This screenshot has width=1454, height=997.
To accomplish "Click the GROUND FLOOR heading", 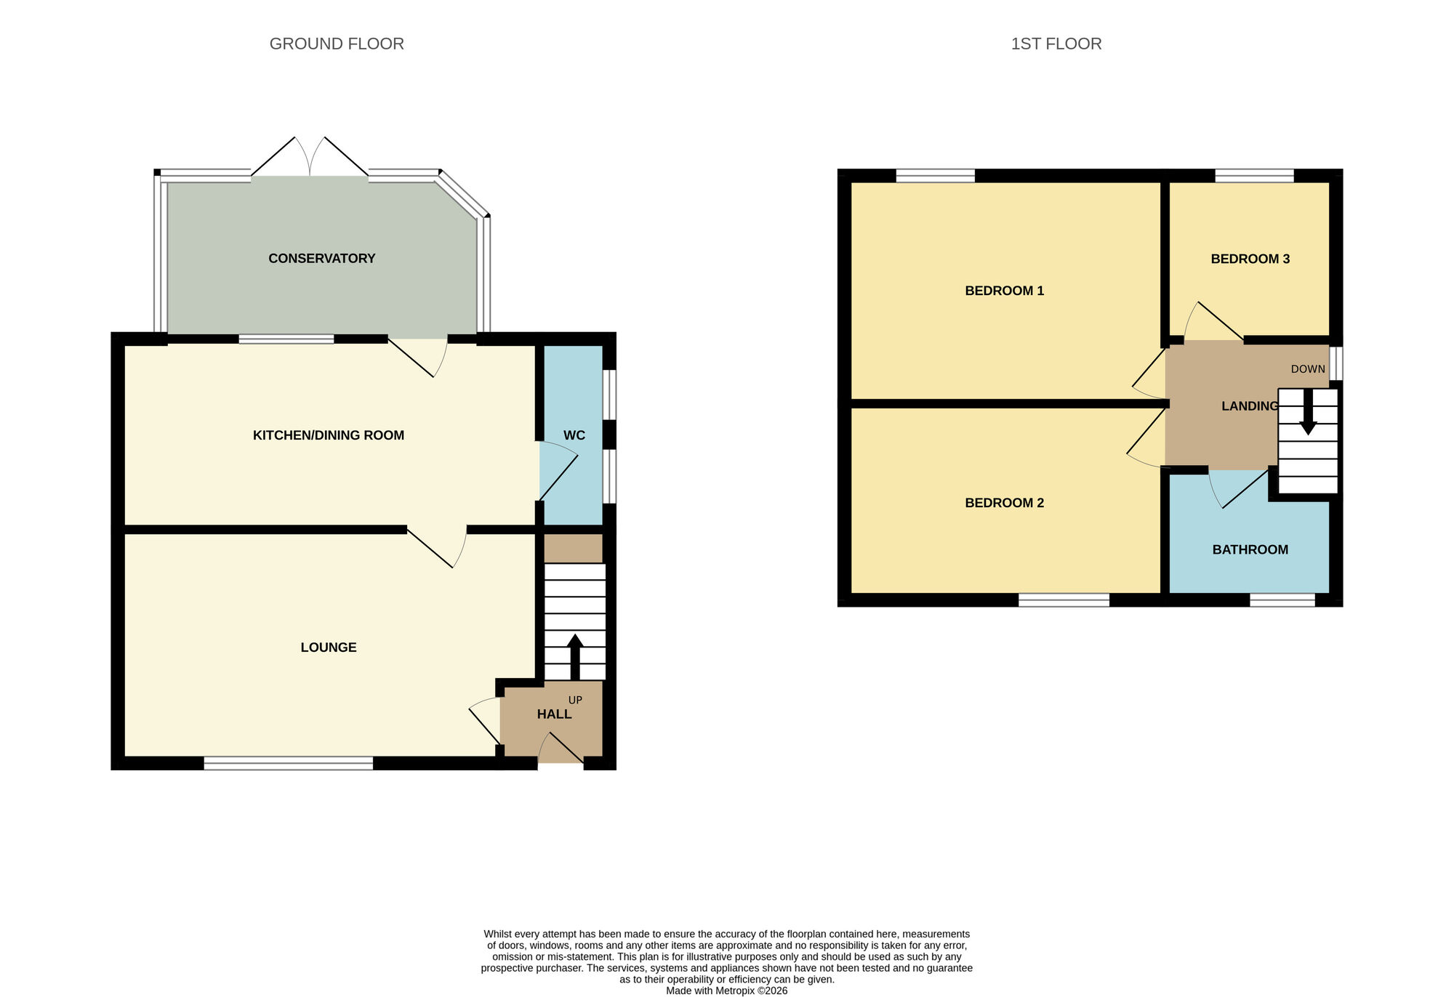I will [337, 44].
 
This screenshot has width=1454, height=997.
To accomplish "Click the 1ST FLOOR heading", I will [1056, 44].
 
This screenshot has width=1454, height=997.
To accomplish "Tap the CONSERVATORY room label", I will [321, 258].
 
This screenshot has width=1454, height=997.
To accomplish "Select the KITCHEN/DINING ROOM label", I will [328, 435].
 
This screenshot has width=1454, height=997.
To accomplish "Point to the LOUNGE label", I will [328, 647].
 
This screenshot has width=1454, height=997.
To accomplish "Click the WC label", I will [574, 435].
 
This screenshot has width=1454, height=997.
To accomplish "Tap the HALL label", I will [554, 714].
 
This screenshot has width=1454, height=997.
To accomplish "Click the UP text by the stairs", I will [575, 701].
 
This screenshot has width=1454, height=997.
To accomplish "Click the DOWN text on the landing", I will [1307, 369].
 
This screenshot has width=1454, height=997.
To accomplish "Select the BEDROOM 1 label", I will [1004, 291].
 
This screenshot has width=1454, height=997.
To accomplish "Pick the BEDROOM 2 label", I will [1004, 503].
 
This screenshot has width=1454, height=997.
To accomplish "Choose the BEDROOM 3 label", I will [1250, 259].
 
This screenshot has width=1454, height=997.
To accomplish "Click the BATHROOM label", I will [1250, 550].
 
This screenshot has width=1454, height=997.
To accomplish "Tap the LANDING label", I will [1249, 406].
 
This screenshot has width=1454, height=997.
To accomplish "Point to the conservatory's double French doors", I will [310, 158].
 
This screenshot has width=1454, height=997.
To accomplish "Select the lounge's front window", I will [288, 763].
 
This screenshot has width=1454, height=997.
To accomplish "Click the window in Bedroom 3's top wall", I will [1254, 175].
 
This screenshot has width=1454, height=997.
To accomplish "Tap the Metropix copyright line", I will [726, 990].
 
